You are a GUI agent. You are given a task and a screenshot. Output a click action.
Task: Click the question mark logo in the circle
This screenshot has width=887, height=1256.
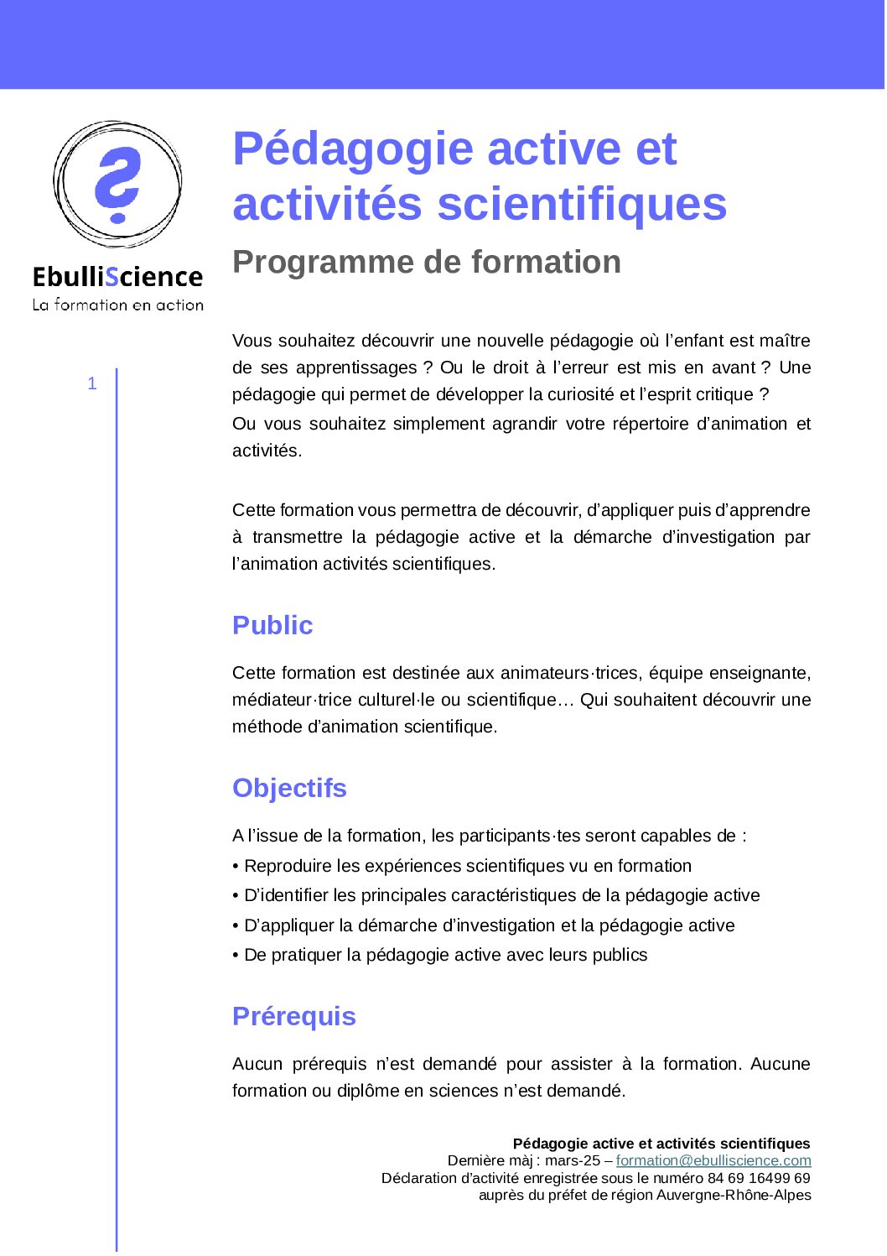(x=117, y=184)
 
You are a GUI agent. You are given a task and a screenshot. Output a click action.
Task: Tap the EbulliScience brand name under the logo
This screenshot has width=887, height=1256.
(x=117, y=277)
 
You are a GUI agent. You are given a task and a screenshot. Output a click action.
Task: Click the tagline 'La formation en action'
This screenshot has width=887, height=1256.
(x=117, y=305)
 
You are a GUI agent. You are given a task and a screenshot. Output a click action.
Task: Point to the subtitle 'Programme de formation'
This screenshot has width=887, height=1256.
(x=427, y=262)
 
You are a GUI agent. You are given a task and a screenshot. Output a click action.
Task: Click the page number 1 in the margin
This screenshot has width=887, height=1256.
(x=92, y=383)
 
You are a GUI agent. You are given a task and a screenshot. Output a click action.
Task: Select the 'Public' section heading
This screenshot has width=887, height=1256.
(x=272, y=625)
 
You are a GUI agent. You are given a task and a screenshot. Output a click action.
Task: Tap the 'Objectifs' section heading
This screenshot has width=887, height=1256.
(x=289, y=788)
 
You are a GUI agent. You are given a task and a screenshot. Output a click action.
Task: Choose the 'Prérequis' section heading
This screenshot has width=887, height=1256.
(x=293, y=1016)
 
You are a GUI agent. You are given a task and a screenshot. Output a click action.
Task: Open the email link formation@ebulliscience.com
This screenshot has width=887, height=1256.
(x=713, y=1160)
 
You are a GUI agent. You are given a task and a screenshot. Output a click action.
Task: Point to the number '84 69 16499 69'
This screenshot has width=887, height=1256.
(x=759, y=1178)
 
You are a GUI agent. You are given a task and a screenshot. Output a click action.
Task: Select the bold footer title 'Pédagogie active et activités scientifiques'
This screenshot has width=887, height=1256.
(x=661, y=1144)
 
